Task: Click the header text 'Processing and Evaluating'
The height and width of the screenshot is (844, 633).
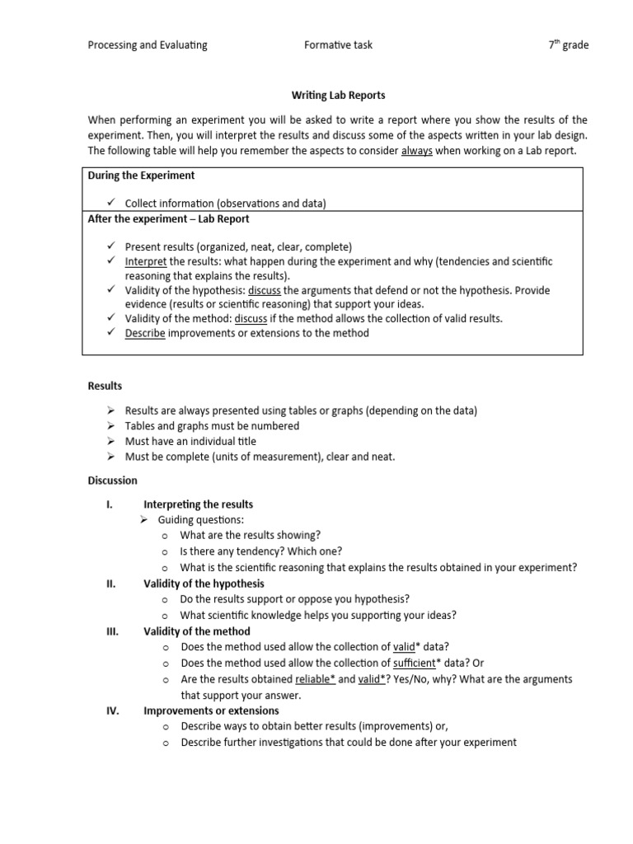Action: (148, 45)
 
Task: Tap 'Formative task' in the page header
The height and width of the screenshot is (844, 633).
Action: (338, 45)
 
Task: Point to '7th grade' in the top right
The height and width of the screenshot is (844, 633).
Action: (569, 45)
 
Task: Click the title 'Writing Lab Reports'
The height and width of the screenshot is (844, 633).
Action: (339, 96)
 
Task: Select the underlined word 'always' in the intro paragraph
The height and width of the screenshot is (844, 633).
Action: (417, 151)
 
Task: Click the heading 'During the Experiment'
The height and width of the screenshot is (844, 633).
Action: (141, 176)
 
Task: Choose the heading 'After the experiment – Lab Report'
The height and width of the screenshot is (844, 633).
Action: (168, 219)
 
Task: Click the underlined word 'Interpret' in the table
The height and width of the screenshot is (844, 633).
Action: (146, 261)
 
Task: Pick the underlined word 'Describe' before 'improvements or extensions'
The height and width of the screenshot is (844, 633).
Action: (145, 333)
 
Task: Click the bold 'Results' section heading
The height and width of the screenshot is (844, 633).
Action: (105, 386)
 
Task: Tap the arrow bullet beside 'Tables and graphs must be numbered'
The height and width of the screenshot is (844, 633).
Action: (111, 426)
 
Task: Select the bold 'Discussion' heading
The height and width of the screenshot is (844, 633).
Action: (113, 481)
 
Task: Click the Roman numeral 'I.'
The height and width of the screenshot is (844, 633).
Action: (109, 504)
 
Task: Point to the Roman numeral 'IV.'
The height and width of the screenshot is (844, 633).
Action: (111, 710)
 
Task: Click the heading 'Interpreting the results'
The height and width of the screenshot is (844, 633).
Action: (198, 504)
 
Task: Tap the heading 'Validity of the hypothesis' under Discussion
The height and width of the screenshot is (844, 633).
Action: (204, 584)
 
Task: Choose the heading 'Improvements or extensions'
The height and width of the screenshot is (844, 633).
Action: (211, 710)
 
